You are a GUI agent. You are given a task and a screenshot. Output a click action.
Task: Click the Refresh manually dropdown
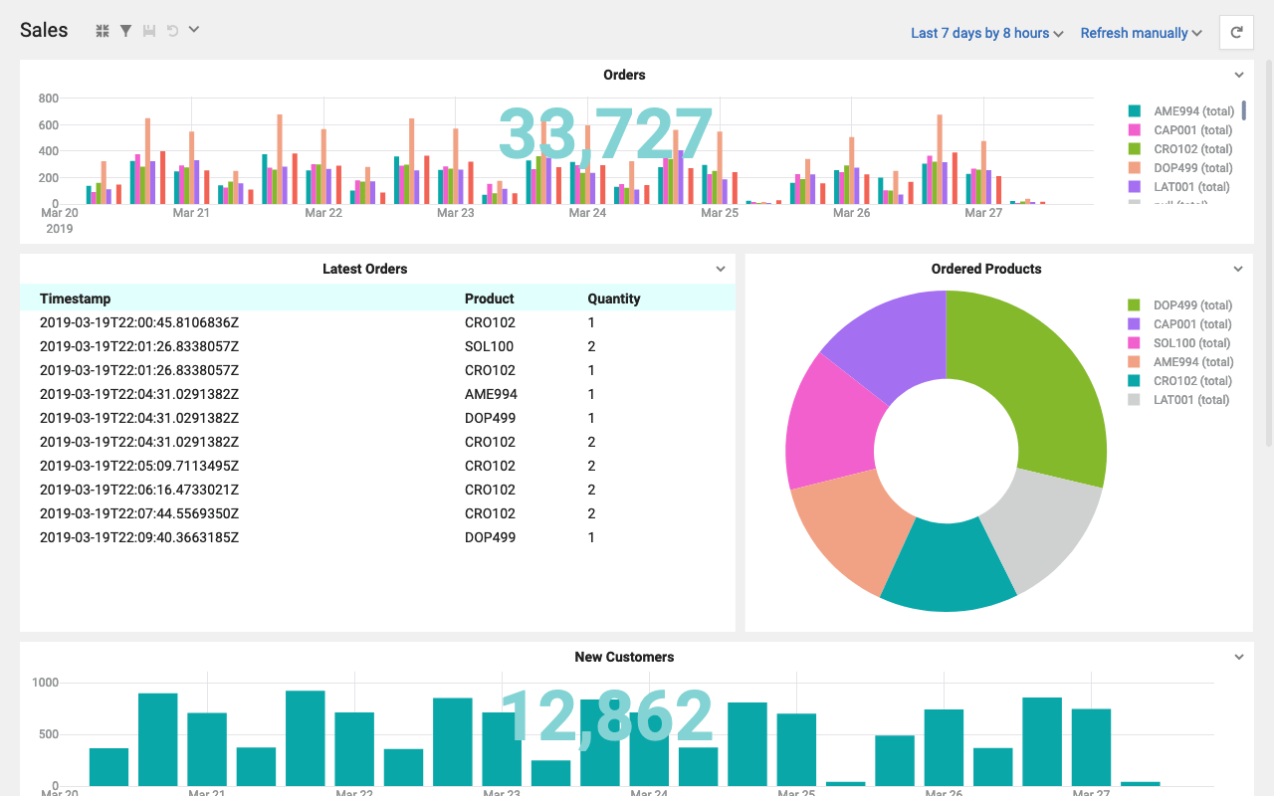(x=1141, y=33)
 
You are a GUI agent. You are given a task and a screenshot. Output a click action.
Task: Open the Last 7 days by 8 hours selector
(x=986, y=33)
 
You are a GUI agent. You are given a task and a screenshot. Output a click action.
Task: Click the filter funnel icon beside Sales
(x=125, y=31)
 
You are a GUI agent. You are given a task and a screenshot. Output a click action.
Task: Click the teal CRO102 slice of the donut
(x=946, y=567)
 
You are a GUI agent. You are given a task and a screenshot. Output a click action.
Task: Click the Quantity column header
(x=613, y=298)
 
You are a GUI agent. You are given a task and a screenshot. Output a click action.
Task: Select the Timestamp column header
(x=75, y=298)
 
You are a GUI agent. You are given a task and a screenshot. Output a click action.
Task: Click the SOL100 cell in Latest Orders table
(x=489, y=346)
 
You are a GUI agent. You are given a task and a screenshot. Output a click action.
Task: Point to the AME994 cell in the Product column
(x=491, y=394)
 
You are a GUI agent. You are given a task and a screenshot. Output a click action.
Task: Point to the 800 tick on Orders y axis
(x=49, y=99)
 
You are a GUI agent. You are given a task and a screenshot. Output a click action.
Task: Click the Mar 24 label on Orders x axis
(x=587, y=213)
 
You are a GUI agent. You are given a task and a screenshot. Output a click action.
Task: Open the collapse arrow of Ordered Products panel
(x=1238, y=269)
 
